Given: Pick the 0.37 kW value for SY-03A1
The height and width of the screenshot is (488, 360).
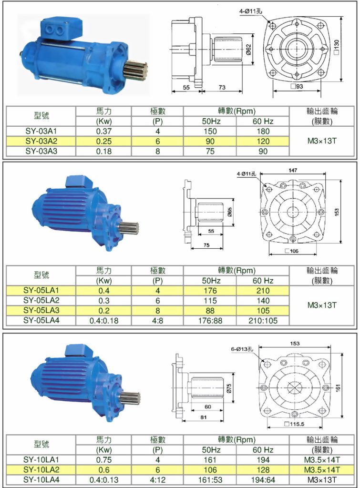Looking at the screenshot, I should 104,131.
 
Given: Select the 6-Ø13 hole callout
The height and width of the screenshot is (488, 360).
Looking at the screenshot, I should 241,349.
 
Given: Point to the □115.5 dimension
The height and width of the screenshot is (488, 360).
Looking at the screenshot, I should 294,424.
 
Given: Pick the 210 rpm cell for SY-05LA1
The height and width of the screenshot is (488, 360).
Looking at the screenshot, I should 263,291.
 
